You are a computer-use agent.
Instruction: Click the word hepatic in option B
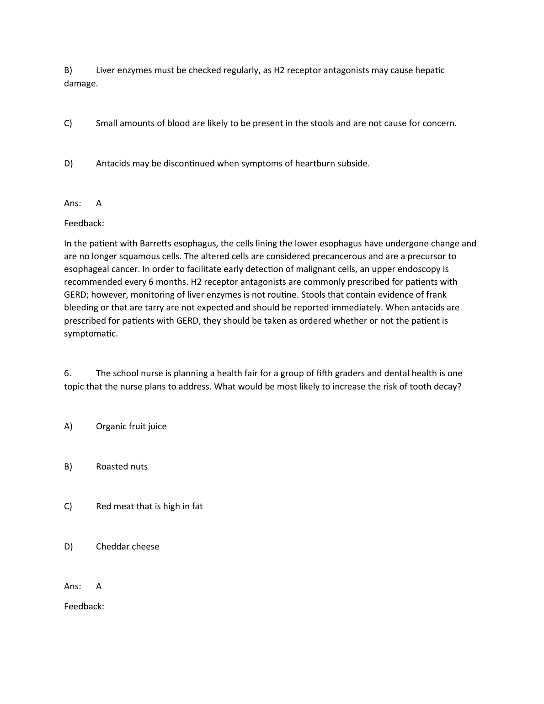(x=429, y=70)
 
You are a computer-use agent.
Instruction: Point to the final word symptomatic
(x=91, y=334)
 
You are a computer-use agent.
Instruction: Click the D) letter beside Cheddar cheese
(x=69, y=547)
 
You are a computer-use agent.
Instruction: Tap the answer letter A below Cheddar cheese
(x=99, y=587)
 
